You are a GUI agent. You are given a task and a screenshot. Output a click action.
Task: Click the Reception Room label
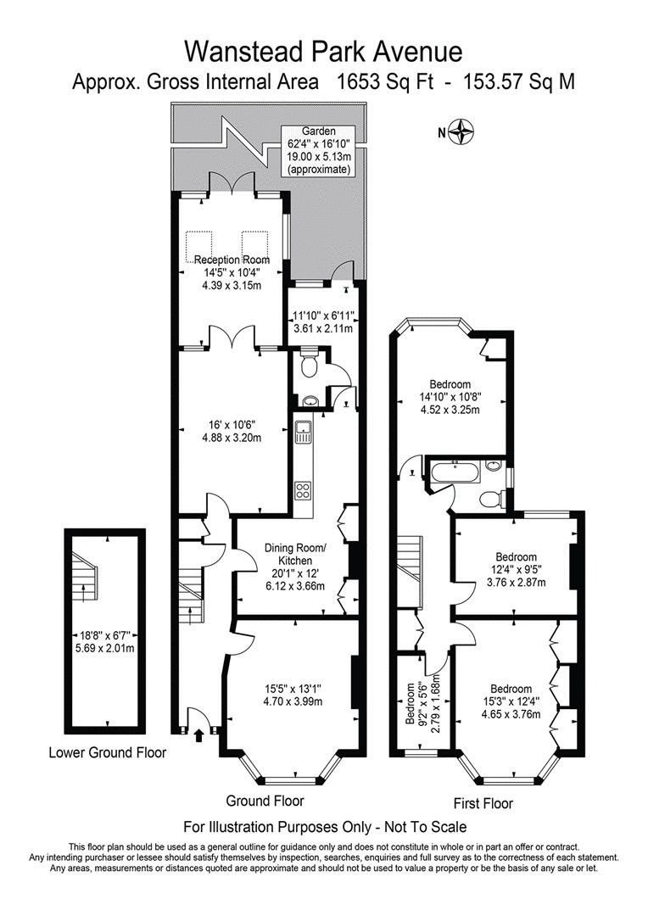tap(232, 260)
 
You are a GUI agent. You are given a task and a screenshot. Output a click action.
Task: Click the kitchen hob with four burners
tap(303, 489)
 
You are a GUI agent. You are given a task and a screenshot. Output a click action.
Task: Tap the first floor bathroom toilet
tap(490, 499)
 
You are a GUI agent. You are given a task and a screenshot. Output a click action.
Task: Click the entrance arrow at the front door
tap(199, 734)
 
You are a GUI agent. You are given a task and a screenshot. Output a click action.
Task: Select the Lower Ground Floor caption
tap(108, 752)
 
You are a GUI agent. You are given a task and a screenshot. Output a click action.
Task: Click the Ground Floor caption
tap(265, 800)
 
